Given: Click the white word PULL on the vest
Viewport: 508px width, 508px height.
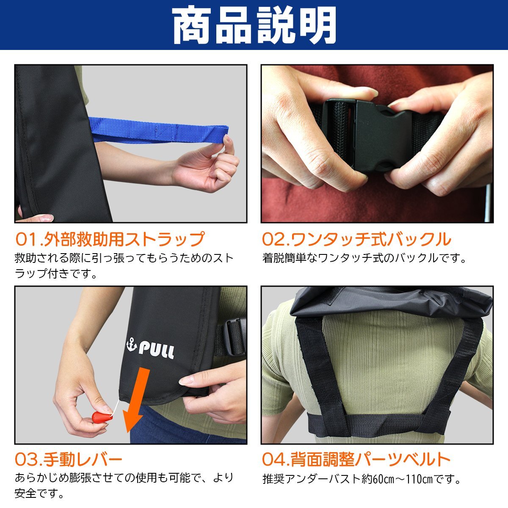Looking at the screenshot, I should click(x=156, y=351).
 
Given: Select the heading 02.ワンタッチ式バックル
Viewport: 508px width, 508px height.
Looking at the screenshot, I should click(x=356, y=240).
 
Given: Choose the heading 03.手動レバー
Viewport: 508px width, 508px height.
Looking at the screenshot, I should click(x=69, y=459).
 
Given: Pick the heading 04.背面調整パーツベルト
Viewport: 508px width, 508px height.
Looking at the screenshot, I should click(x=356, y=459).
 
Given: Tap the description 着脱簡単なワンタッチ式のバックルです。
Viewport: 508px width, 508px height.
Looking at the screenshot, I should click(x=364, y=258).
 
